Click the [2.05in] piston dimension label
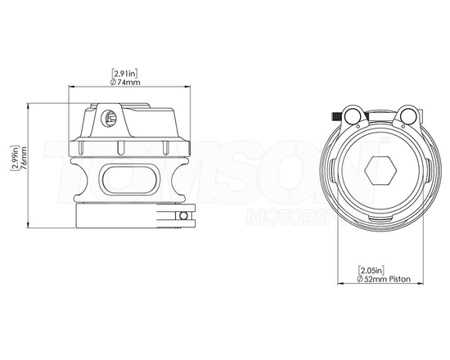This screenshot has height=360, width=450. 372,270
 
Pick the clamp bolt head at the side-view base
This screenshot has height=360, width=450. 187,217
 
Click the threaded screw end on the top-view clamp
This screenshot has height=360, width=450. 338,116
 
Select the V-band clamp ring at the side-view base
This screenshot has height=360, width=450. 131,216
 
